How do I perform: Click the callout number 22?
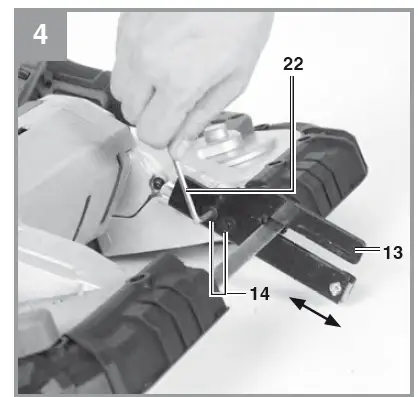(293, 63)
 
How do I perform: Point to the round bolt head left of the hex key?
(156, 183)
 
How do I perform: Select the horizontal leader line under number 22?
(240, 189)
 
